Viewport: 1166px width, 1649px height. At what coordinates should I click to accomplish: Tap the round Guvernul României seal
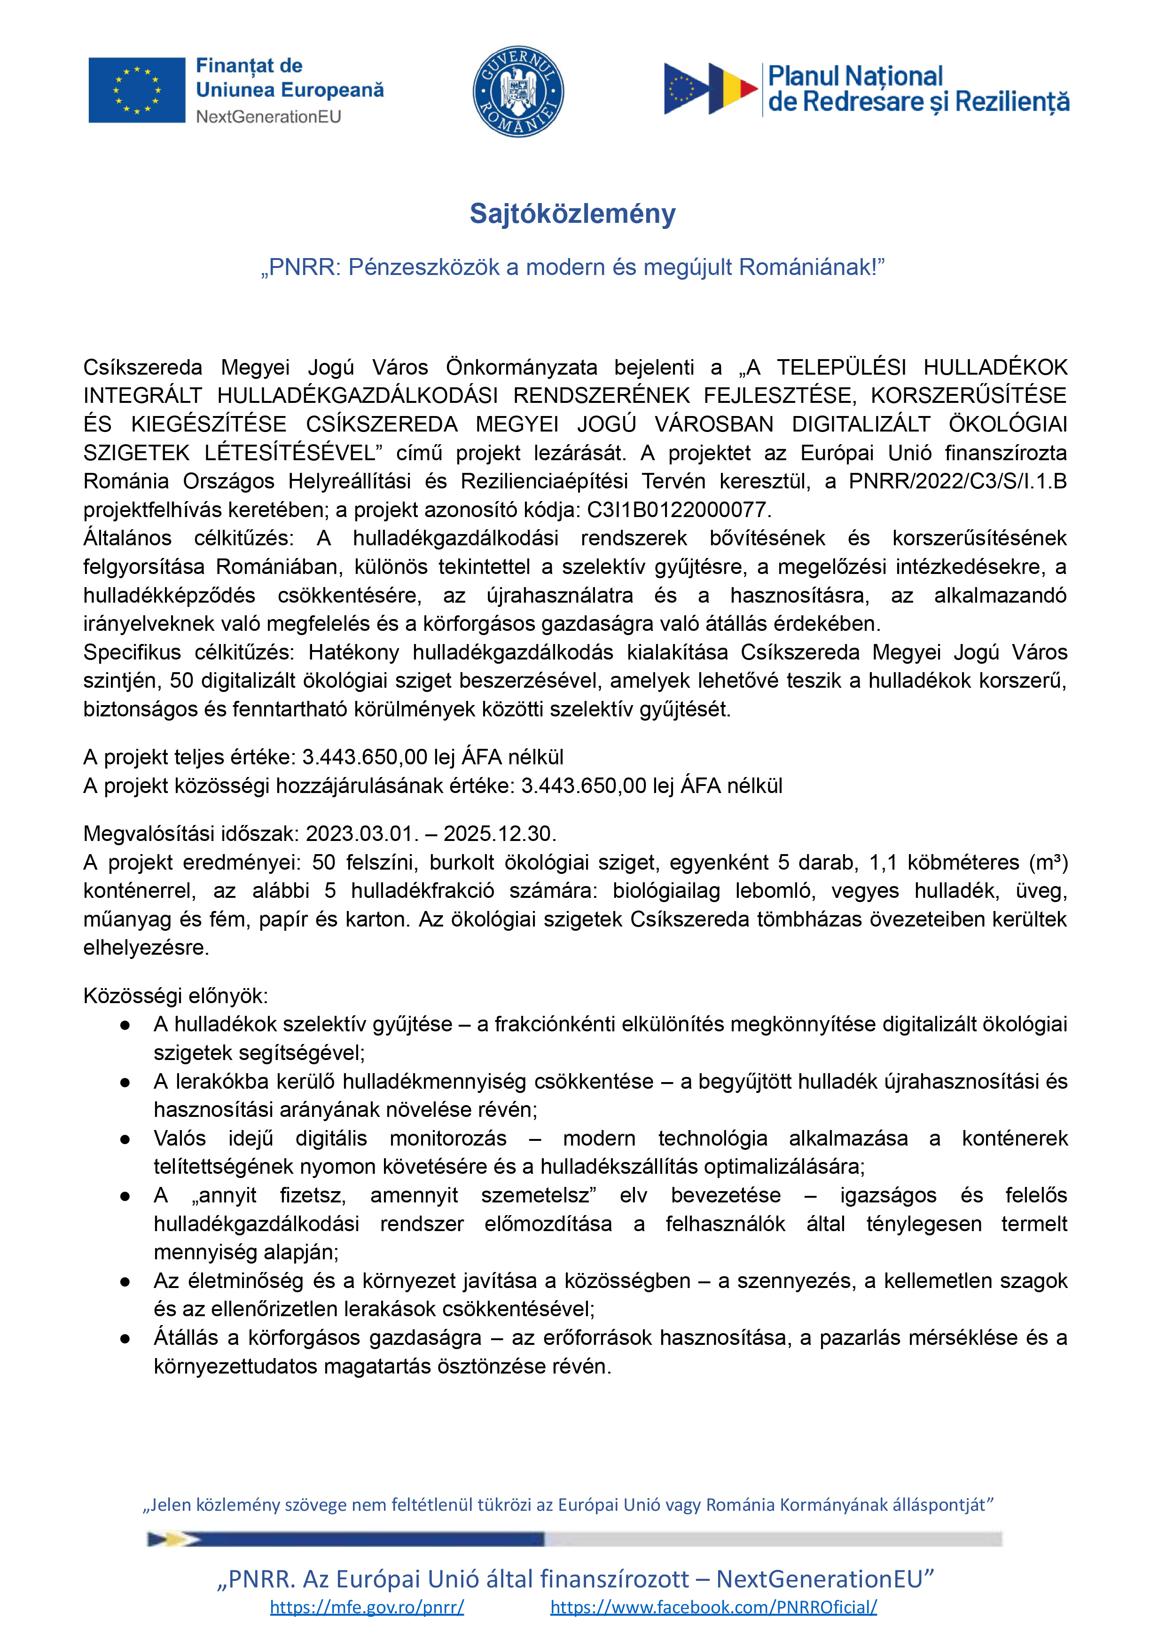(x=517, y=91)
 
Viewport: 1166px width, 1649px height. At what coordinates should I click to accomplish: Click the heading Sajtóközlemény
(x=572, y=214)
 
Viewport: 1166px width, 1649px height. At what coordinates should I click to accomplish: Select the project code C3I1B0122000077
(x=678, y=510)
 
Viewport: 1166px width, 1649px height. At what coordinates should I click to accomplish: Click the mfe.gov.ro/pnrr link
(x=367, y=1607)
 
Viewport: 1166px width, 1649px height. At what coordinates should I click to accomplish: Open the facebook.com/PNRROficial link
(x=713, y=1607)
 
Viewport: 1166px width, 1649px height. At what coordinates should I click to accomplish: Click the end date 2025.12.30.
(x=499, y=834)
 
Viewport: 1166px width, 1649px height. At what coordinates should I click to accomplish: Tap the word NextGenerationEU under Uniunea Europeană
(x=268, y=117)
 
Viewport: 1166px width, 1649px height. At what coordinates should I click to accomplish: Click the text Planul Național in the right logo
(x=855, y=76)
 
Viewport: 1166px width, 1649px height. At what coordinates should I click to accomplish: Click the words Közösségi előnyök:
(x=175, y=996)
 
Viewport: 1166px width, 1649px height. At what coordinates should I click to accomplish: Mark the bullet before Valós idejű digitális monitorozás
(x=125, y=1139)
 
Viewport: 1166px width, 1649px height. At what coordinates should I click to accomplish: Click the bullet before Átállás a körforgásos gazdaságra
(x=125, y=1339)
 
